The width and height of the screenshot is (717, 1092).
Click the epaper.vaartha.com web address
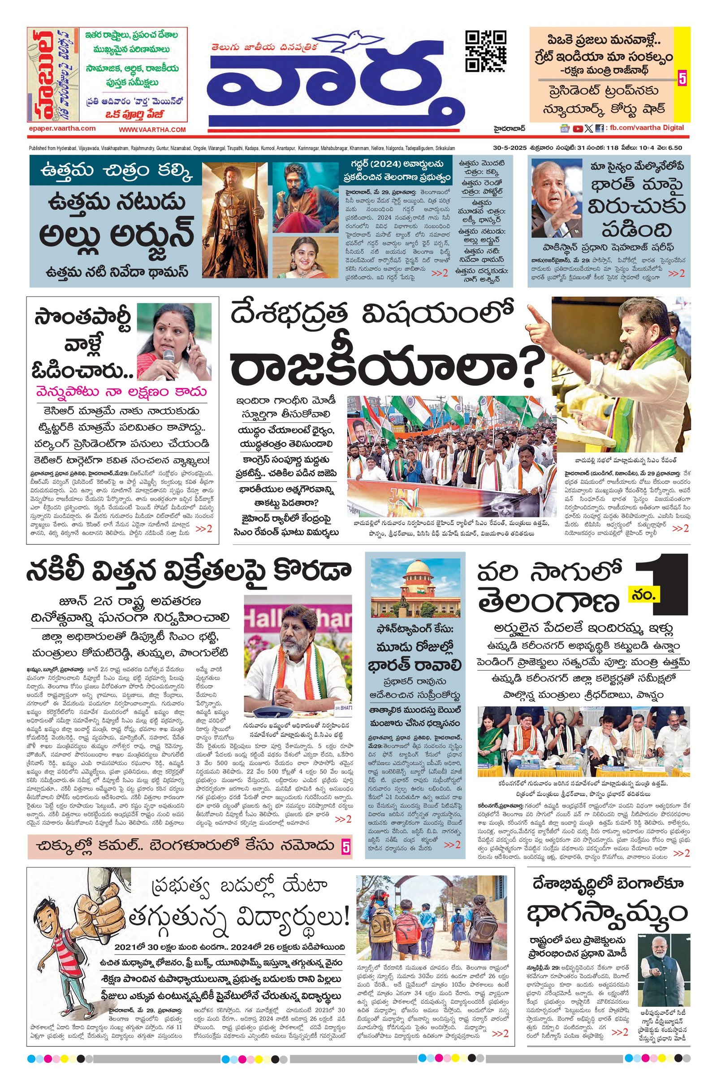62,129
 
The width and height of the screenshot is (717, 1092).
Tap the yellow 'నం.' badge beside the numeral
644,595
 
